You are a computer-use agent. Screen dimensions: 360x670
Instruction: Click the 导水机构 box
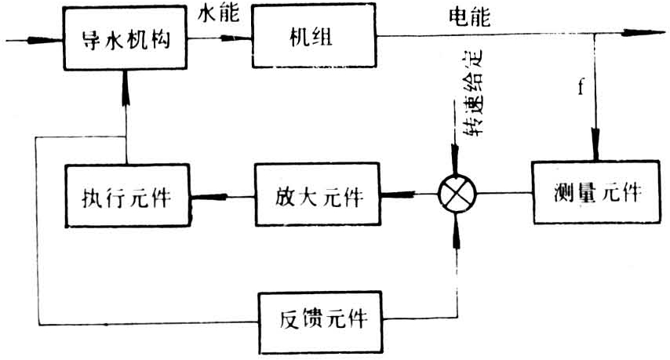pyautogui.click(x=126, y=38)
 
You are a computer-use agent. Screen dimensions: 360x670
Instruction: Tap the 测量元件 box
pyautogui.click(x=594, y=191)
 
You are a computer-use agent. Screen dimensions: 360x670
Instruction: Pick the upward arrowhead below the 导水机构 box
pyautogui.click(x=126, y=78)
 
